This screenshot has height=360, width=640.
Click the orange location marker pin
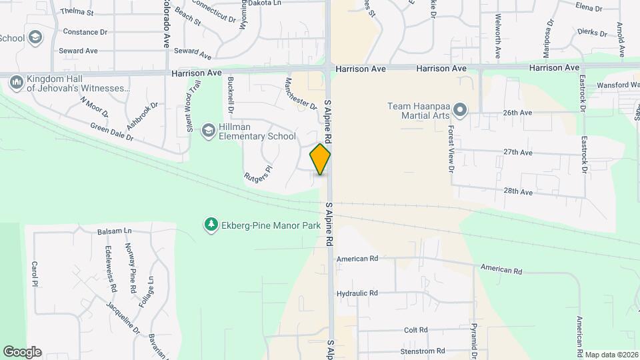[x=320, y=159]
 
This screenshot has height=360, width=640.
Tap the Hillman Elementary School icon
[x=209, y=130]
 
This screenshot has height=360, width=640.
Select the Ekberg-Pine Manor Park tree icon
[x=211, y=225]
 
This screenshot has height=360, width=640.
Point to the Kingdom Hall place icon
[x=17, y=81]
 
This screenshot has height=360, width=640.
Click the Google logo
[x=22, y=351]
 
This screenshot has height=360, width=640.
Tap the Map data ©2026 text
[x=611, y=354]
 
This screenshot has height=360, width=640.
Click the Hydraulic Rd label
[x=357, y=293]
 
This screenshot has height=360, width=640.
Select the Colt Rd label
[x=415, y=330]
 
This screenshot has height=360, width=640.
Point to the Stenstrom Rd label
[x=422, y=351]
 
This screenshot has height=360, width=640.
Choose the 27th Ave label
[x=518, y=152]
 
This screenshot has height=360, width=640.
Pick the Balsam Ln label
[x=115, y=231]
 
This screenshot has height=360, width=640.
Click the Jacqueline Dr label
[x=123, y=317]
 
